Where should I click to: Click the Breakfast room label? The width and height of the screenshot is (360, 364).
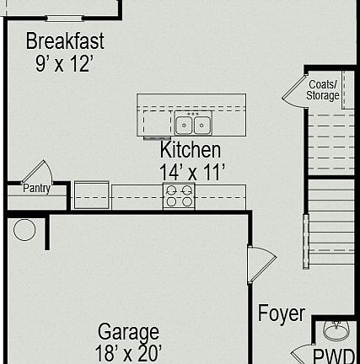coord(65,40)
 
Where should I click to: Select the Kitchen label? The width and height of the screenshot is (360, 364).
coord(191,150)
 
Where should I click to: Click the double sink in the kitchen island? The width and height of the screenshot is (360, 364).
coord(193,125)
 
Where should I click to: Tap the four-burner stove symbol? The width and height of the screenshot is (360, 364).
coord(179,196)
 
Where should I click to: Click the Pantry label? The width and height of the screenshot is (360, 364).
coord(36,189)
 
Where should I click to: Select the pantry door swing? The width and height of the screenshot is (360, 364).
coord(38,172)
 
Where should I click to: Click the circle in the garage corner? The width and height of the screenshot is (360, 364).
coord(24,229)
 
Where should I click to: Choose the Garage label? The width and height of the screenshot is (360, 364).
coord(128,331)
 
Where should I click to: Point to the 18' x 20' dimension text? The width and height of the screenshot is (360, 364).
coord(128,353)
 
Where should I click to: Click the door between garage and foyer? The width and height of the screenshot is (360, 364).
coord(259,264)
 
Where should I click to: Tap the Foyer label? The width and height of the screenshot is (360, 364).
coord(281,314)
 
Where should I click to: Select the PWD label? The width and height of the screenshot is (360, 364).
coord(334,356)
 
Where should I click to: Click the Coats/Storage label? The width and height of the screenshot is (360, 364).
coord(323,90)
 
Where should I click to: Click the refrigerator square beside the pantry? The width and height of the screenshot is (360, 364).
coord(92,195)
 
